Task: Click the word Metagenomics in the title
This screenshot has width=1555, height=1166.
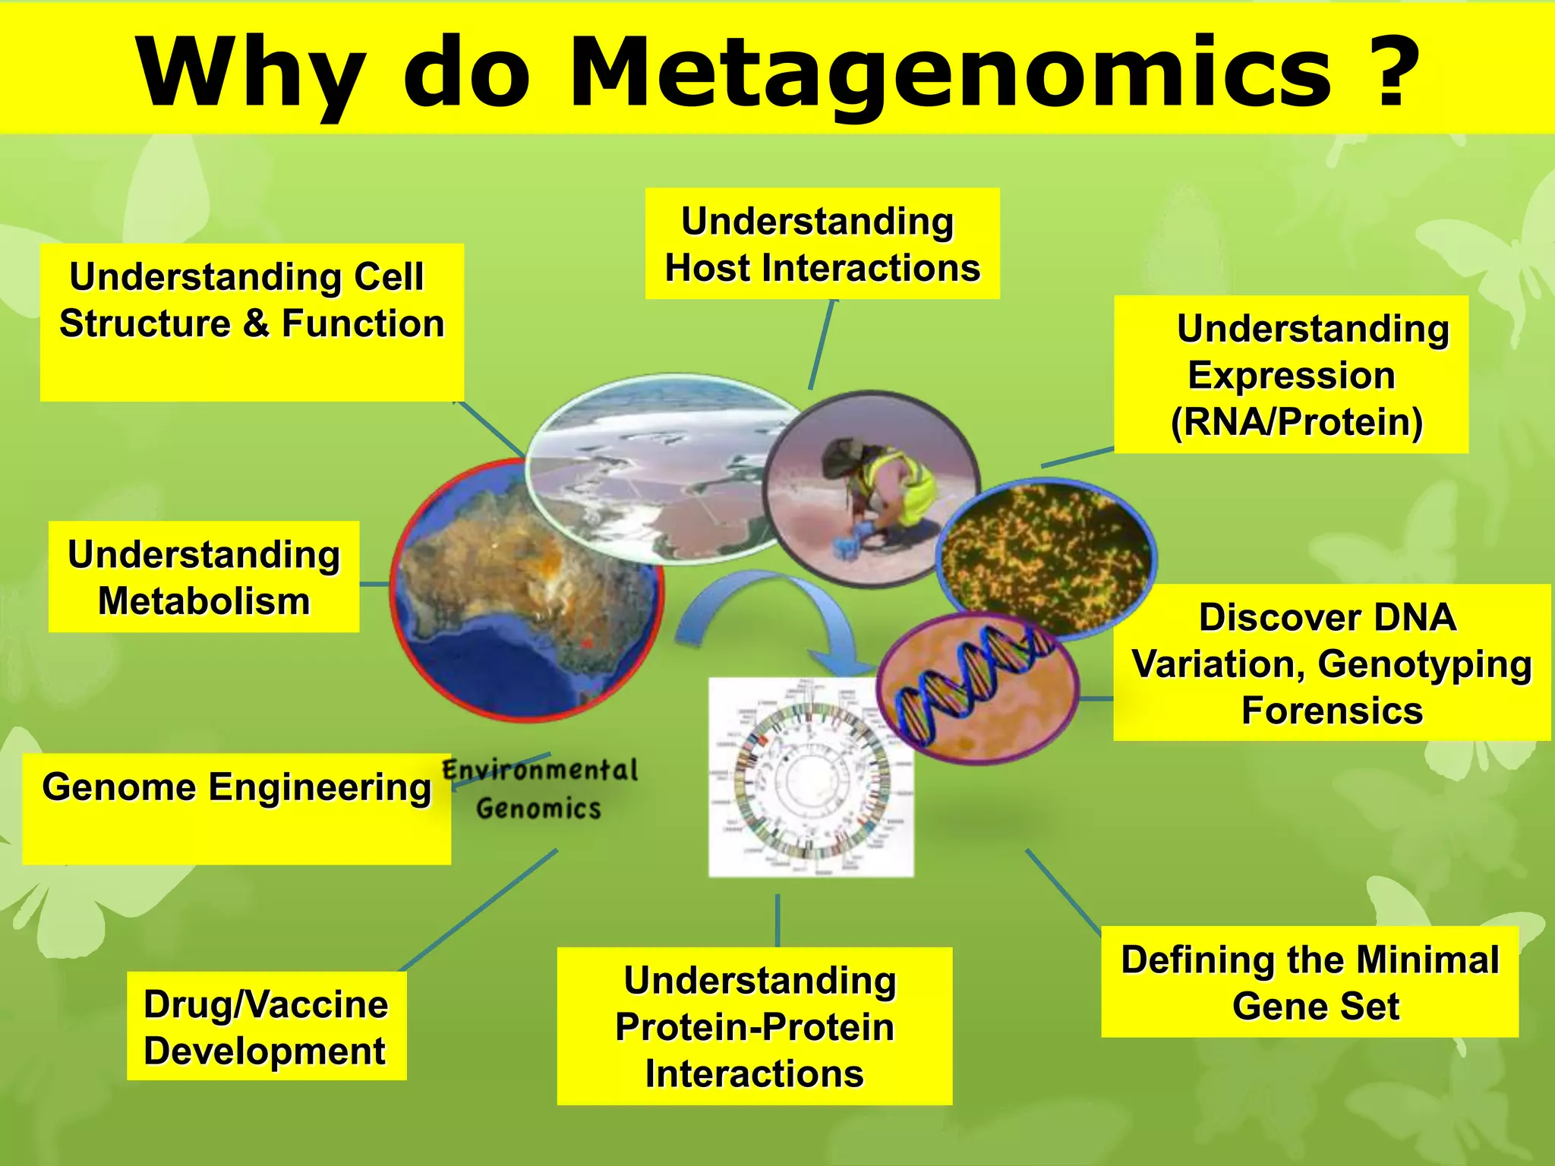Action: (949, 73)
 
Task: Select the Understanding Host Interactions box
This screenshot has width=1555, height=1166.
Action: (822, 244)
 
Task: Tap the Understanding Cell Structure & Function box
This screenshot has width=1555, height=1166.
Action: (251, 322)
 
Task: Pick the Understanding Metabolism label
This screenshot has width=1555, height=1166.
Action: (203, 577)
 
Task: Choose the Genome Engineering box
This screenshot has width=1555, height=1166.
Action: (236, 808)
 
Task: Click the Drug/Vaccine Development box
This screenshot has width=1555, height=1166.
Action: (266, 1026)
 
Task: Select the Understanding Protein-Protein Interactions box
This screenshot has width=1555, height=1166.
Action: (755, 1026)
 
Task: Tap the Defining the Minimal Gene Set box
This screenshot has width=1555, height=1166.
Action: (1310, 982)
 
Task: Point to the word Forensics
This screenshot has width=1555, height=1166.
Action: (1332, 711)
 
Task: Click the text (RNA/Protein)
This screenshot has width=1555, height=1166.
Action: (1297, 422)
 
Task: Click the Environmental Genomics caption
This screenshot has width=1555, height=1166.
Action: (540, 789)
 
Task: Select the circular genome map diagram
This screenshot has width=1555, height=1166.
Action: (811, 778)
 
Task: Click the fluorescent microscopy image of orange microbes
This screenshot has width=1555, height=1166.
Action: (1048, 554)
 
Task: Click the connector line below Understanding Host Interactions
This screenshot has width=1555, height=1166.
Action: (822, 345)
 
